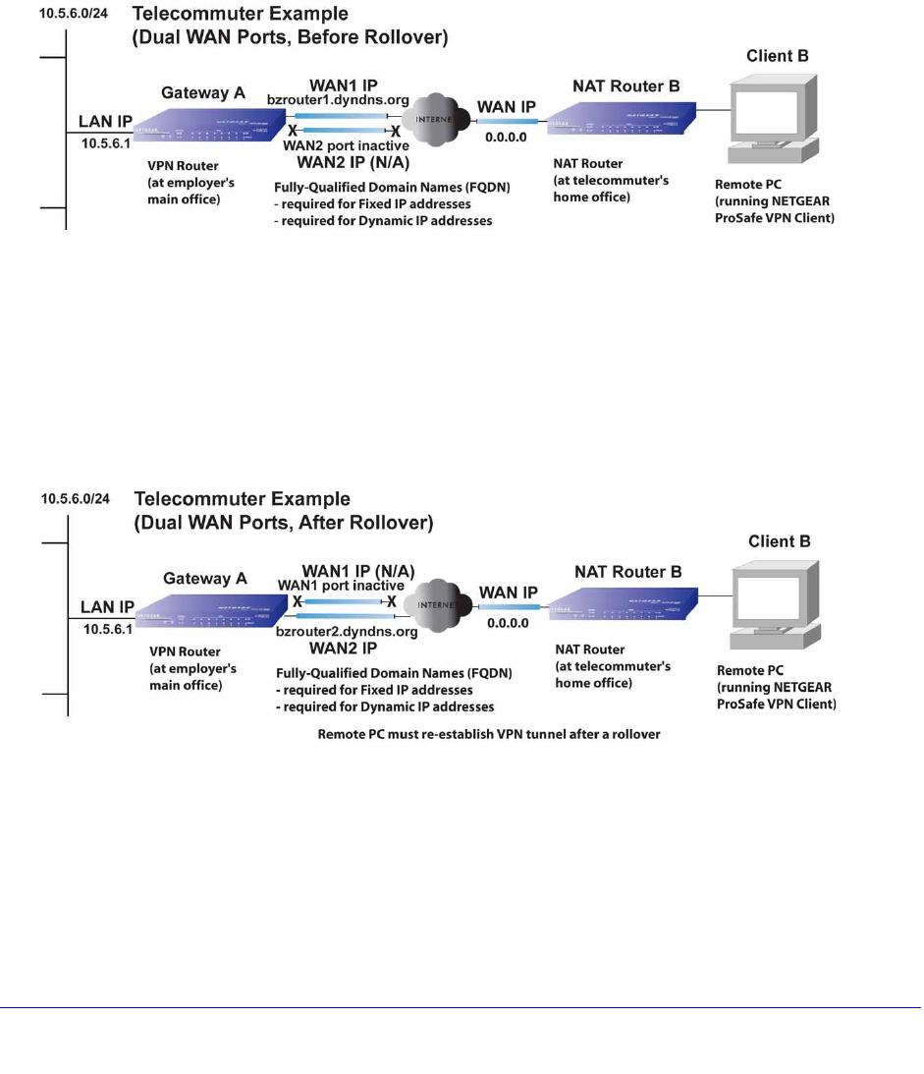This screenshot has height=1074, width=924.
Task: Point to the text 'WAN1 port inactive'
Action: tap(340, 586)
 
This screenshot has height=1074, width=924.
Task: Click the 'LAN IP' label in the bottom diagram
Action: tap(105, 606)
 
